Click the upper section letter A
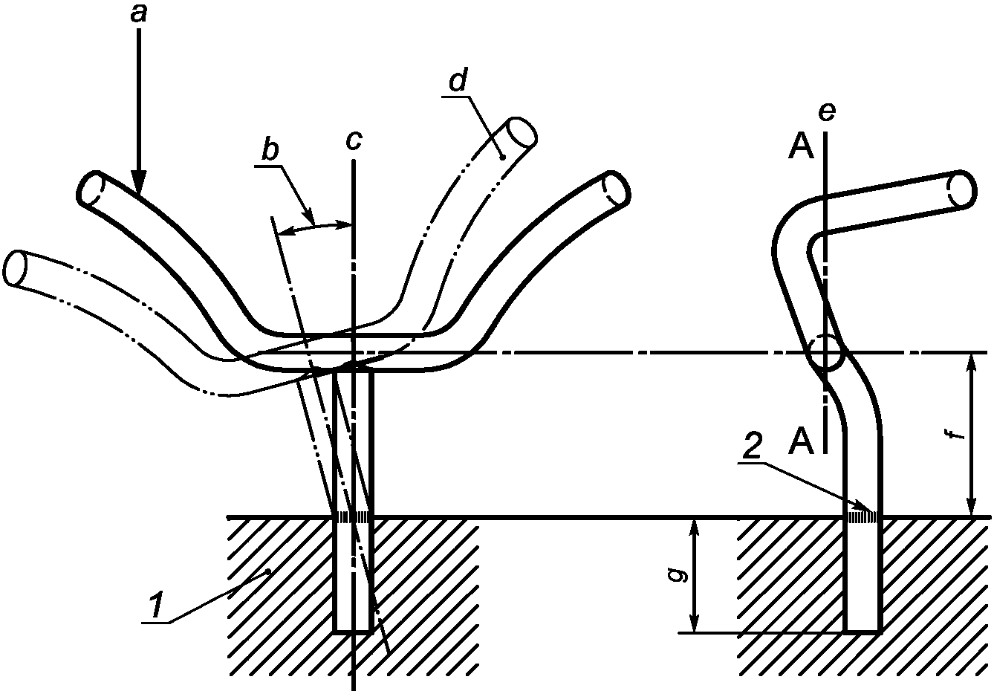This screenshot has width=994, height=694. click(802, 149)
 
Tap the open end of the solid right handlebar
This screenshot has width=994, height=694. click(617, 189)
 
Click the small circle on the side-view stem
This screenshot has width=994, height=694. click(825, 353)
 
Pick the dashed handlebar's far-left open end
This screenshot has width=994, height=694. click(16, 267)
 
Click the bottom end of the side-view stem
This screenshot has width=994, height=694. click(863, 631)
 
